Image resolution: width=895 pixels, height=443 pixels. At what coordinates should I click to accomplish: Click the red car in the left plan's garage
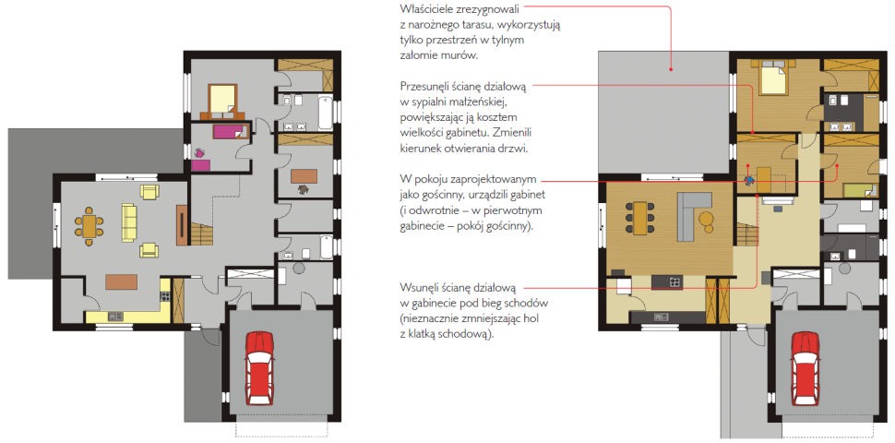[x=260, y=367]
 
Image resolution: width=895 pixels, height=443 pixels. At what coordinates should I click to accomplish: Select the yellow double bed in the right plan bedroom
[x=773, y=79]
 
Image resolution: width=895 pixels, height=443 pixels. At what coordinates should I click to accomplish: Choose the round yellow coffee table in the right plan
[x=707, y=219]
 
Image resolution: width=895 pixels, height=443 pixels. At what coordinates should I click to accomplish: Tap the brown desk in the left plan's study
[x=304, y=175]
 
